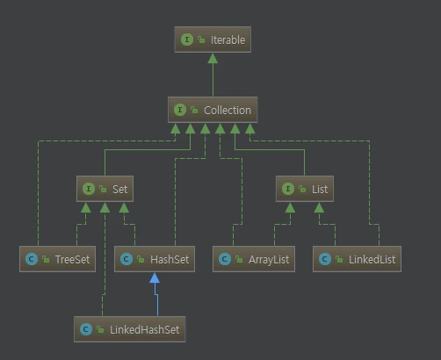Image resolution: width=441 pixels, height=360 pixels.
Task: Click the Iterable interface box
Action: pos(213,40)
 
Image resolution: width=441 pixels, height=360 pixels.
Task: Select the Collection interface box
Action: pos(213,110)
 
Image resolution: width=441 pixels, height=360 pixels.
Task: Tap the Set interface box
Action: pos(105,189)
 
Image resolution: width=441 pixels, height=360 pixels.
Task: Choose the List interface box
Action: pos(305,189)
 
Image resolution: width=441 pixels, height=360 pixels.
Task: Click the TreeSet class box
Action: pos(57,259)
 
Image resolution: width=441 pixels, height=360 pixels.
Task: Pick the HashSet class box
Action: pos(155,259)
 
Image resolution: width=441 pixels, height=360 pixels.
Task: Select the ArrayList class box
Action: pos(254,259)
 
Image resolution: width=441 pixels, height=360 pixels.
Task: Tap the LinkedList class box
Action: pos(357,259)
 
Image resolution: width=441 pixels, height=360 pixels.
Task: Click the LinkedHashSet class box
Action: pos(130,329)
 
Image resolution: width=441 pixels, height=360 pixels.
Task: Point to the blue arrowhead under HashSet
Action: pos(155,278)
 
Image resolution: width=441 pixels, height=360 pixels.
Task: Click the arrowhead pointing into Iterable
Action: pos(213,59)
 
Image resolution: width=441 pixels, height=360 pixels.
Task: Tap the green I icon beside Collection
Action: pos(180,110)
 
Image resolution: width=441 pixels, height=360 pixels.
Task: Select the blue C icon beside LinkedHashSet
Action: pos(86,329)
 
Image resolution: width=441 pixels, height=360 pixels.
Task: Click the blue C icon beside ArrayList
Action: pos(225,259)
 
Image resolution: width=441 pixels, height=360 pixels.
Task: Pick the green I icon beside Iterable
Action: pos(187,40)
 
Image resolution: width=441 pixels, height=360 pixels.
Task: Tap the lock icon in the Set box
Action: pos(103,189)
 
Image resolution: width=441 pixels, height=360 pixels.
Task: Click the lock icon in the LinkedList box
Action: pos(339,259)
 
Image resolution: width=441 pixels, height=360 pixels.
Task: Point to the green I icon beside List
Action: pos(288,189)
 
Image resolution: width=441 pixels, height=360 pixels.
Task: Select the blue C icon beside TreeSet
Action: pos(32,259)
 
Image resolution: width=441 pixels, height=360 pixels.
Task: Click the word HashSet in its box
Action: pos(170,259)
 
